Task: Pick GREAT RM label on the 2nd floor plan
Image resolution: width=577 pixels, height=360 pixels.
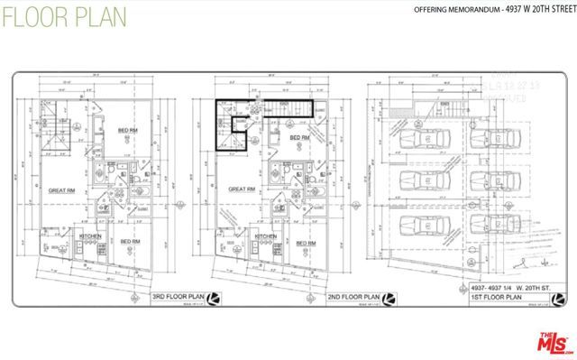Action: click(243, 189)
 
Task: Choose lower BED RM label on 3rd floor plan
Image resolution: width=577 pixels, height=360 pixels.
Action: click(130, 242)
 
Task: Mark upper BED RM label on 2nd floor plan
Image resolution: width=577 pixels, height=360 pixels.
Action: click(300, 137)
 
